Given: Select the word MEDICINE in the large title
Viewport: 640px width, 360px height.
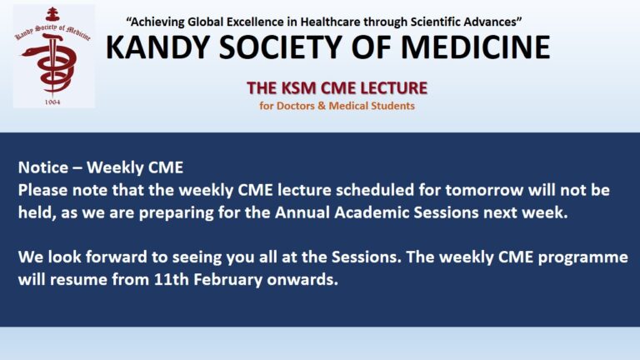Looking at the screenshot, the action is tap(476, 47).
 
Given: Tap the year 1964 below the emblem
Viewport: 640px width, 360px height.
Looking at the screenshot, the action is tap(52, 102).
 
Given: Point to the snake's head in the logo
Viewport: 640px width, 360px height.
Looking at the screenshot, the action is tap(28, 52).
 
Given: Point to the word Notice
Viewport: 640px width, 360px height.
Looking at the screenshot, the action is tap(43, 167).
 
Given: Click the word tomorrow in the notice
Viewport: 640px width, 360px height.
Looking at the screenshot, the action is tap(484, 190).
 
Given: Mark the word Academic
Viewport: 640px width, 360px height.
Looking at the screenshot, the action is tap(372, 212).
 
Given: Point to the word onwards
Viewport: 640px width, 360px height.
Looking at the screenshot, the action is tap(302, 280).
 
